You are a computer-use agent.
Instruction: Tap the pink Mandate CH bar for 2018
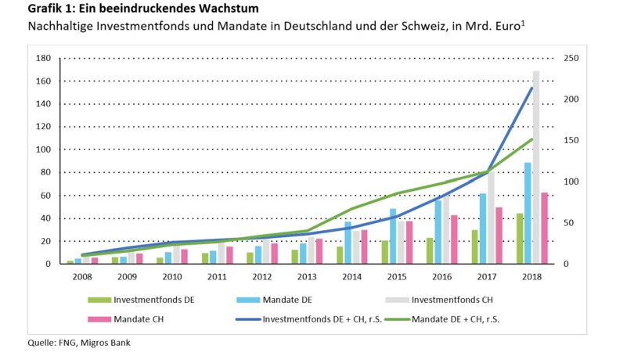click(542, 228)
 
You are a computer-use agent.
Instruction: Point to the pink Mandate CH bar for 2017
click(498, 235)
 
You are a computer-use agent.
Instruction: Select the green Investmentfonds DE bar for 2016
click(430, 250)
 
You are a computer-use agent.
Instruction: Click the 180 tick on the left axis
click(44, 58)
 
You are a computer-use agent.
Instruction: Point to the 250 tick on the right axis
click(572, 58)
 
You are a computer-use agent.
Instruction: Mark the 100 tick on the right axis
click(572, 182)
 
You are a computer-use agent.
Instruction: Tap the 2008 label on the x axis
click(82, 276)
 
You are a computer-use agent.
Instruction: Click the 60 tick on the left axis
click(46, 195)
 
